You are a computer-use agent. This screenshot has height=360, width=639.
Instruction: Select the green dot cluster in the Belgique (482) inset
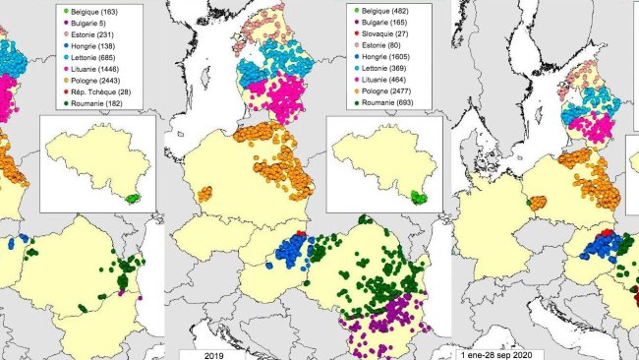click(x=420, y=197)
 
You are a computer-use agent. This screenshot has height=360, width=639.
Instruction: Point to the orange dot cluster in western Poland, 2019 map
click(x=204, y=194)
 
